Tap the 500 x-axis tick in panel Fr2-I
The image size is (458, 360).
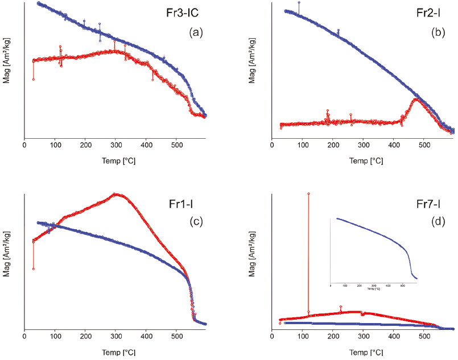point(424,146)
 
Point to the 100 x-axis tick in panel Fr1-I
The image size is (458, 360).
point(55,337)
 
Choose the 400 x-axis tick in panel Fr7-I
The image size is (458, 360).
point(393,337)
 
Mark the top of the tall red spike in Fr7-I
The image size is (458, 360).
point(308,193)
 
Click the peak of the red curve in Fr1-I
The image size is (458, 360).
point(117,194)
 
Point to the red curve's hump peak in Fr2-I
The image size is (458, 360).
point(417,99)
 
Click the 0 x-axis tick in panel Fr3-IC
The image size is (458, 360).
point(24,146)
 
